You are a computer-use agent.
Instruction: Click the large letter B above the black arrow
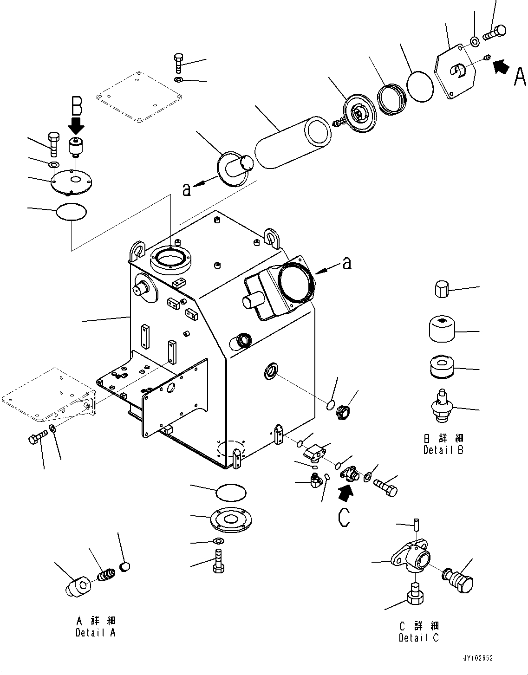coord(77,106)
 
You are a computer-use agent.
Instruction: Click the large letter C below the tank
coord(344,517)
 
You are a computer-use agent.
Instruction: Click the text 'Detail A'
coord(96,632)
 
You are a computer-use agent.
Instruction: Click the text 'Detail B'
coord(443,450)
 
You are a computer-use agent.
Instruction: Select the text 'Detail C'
coord(418,638)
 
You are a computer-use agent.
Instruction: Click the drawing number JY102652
coord(477,658)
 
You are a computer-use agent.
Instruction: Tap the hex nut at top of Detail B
coord(442,290)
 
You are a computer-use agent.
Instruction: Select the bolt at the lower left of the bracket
coord(38,437)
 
